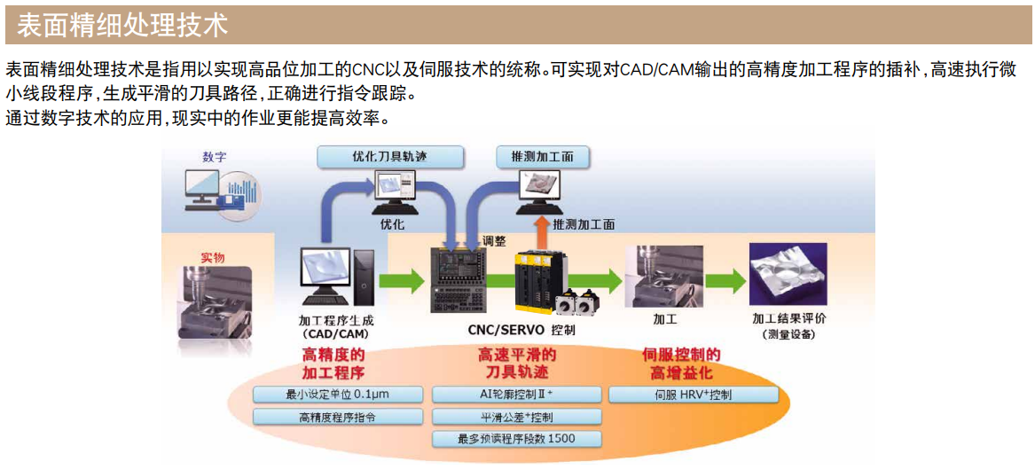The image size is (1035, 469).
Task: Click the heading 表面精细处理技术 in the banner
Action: [123, 24]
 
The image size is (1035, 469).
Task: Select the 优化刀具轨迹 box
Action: [390, 156]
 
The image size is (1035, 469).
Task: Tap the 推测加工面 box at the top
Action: [542, 156]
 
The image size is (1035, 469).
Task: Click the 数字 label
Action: [215, 157]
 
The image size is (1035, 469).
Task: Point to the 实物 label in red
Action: [212, 257]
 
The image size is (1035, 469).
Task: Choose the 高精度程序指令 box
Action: [339, 417]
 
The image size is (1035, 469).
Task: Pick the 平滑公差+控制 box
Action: [516, 417]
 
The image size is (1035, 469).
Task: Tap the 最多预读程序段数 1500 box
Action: [516, 439]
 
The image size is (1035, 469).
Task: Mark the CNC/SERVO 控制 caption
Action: [521, 330]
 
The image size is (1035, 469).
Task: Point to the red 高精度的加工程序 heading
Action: [333, 363]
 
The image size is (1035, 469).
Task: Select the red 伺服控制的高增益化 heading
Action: [681, 363]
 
